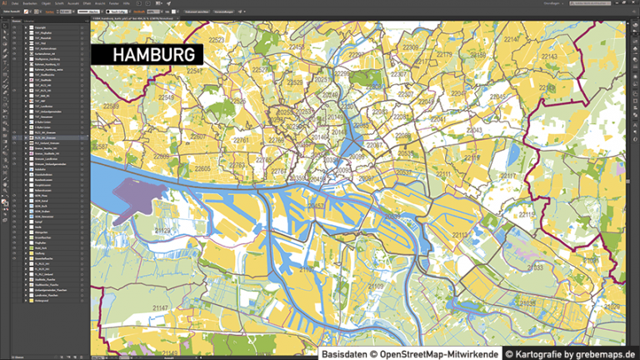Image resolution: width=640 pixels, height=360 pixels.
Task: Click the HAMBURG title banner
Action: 146,55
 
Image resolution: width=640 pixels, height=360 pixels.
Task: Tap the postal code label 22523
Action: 217,39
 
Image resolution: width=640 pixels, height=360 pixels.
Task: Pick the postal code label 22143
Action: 550,57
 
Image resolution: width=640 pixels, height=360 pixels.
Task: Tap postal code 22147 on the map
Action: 512,39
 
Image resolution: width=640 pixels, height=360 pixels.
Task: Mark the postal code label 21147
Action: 159,307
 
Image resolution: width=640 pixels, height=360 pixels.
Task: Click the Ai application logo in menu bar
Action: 4,3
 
